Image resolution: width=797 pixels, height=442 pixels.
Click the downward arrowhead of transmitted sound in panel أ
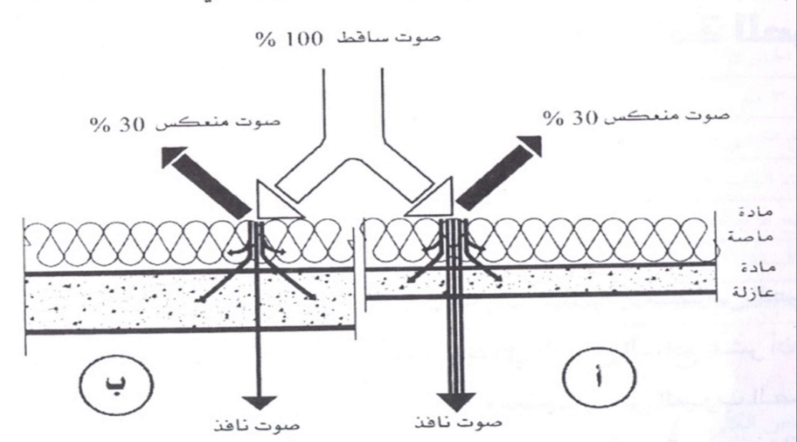455,401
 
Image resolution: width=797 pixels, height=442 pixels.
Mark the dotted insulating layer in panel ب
115,303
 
